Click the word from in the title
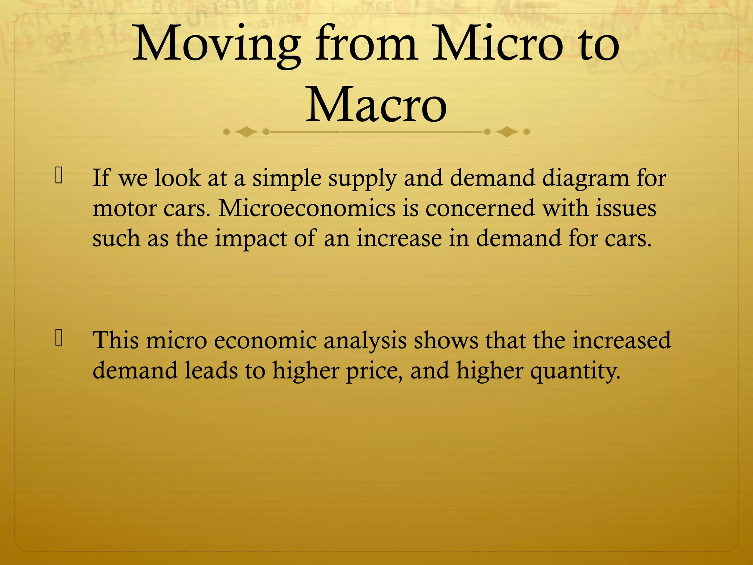point(366,44)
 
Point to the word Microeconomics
point(307,208)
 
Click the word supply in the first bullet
point(363,179)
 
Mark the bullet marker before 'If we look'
point(59,175)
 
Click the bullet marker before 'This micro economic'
point(59,338)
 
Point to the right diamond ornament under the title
point(507,132)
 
